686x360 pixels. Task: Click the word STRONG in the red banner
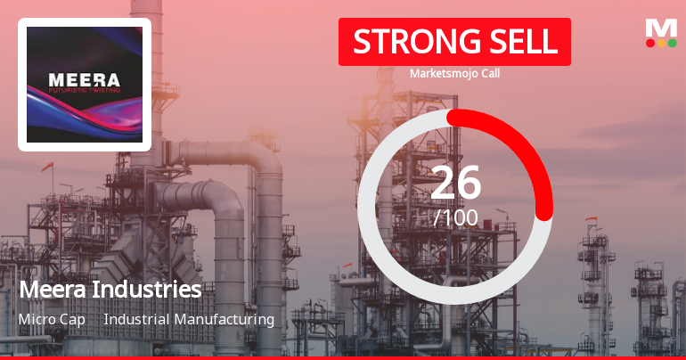click(x=406, y=42)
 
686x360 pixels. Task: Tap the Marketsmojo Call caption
click(x=454, y=74)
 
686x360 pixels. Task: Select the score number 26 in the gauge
click(x=455, y=183)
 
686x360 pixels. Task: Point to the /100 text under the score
click(x=455, y=217)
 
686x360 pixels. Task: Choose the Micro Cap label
click(x=52, y=319)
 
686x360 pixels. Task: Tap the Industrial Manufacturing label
click(x=189, y=319)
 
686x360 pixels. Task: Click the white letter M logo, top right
click(x=661, y=28)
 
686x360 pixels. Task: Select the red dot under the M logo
click(x=650, y=43)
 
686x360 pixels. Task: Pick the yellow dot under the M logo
click(x=661, y=43)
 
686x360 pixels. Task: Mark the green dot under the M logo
click(x=672, y=43)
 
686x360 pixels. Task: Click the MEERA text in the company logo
click(x=84, y=80)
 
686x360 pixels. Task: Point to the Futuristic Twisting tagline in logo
click(x=84, y=91)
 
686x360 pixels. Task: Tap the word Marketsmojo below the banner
click(x=443, y=74)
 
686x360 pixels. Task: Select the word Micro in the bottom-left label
click(x=37, y=319)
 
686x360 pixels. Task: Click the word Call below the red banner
click(x=488, y=74)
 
